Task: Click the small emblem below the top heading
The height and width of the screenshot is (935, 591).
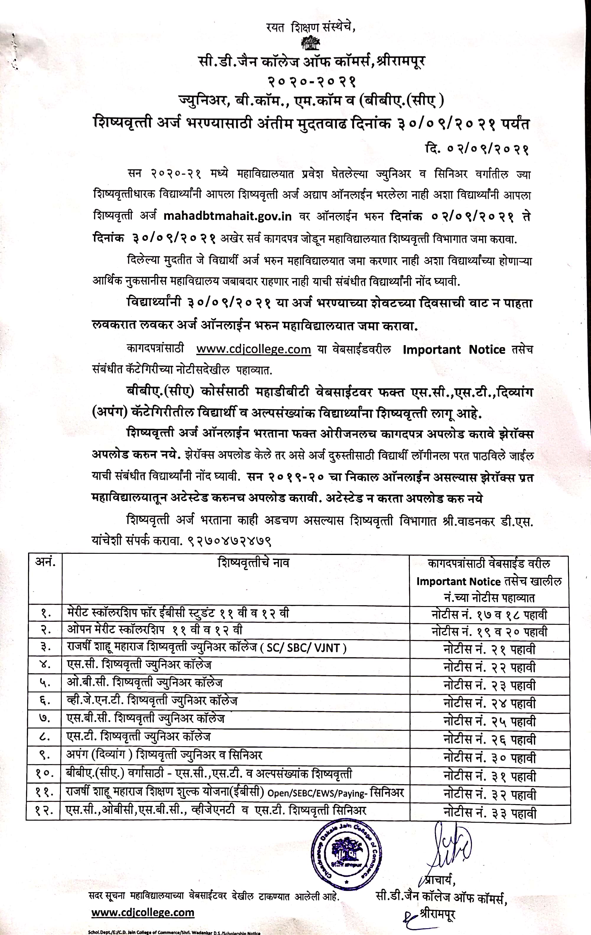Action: click(x=310, y=43)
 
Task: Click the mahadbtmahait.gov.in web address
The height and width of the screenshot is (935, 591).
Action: click(x=228, y=216)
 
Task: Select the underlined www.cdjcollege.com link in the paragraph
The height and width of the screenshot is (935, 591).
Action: click(x=253, y=350)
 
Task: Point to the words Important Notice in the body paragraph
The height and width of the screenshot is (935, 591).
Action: click(x=454, y=350)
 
